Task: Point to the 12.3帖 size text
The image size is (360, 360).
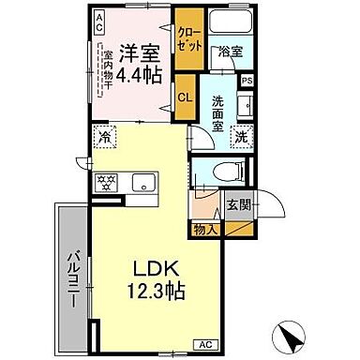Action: click(x=144, y=290)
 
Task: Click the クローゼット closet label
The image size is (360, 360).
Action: click(x=186, y=39)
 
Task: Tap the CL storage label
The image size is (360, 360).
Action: click(x=186, y=96)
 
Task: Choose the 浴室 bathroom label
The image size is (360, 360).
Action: click(x=231, y=52)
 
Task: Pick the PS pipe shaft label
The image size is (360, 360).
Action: click(x=247, y=81)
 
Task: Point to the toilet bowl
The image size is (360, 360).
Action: click(x=226, y=171)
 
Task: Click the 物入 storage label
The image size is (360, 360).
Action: click(x=206, y=228)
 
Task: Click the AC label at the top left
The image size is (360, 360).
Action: click(x=98, y=22)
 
